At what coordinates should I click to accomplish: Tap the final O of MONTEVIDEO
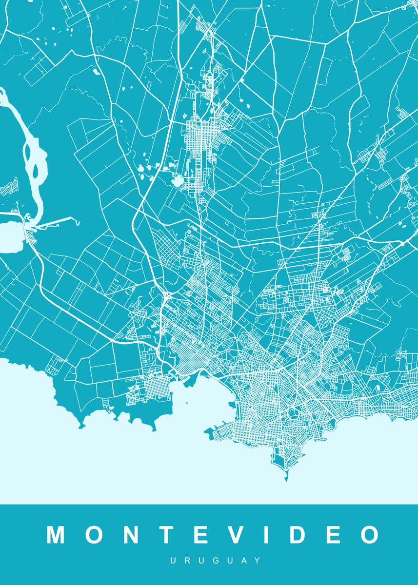369,535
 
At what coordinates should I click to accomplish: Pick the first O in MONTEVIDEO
92,535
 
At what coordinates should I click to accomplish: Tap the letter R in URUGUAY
185,561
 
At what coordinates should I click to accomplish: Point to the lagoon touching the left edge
10,236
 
